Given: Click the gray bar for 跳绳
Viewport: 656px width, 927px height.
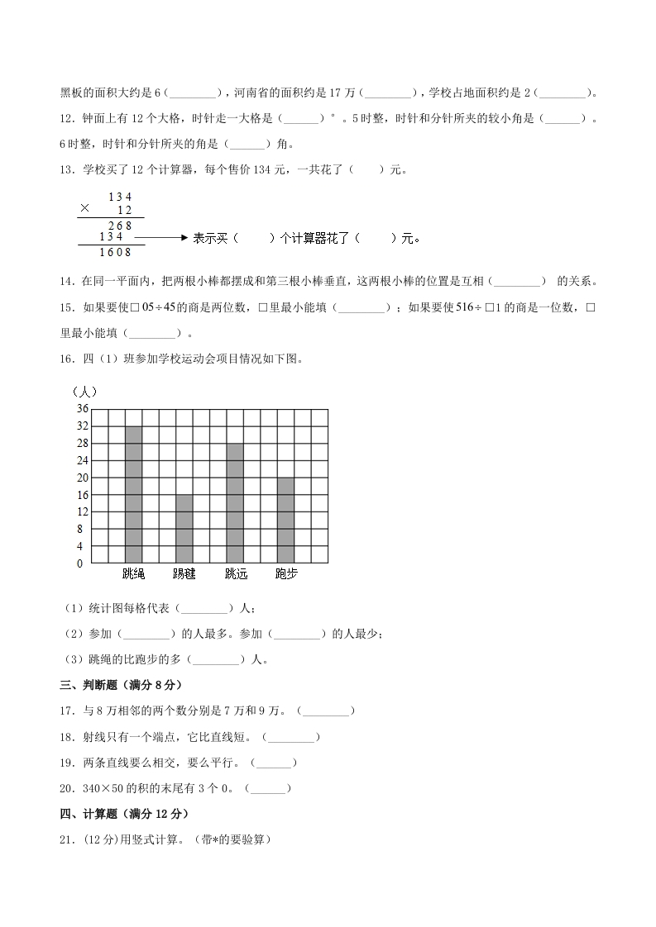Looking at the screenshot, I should [133, 494].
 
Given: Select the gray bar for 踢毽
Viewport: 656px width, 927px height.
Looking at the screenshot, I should [184, 529].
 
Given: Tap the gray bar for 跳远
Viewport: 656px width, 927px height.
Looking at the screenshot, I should [235, 502].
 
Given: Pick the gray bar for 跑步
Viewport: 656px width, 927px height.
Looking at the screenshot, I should [285, 520].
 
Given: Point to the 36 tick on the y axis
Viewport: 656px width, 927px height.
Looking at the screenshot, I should [83, 409].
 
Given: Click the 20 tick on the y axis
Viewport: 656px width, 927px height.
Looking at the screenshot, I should [83, 478].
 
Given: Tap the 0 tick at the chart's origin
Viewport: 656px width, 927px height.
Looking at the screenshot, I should [80, 563].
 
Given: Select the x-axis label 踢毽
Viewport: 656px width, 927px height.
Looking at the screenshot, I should [184, 573].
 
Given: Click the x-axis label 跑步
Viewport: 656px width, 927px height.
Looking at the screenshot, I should [285, 573].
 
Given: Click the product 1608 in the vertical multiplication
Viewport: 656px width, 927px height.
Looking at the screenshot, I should [115, 252].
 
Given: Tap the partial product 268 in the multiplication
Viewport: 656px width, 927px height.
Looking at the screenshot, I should [120, 225].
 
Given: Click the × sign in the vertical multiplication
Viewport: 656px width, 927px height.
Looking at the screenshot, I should [84, 208].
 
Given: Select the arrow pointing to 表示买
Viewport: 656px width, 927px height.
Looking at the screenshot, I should [160, 238].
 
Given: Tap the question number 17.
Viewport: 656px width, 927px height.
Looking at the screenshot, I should [66, 711].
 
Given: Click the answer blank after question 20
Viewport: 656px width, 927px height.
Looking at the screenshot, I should [268, 788].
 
